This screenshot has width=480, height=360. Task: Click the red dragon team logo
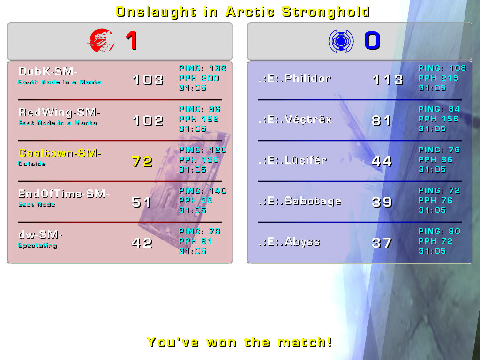click(x=101, y=41)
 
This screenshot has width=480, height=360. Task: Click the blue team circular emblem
click(x=341, y=41)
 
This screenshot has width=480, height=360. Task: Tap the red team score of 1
click(x=131, y=41)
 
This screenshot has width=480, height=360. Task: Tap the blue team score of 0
click(x=372, y=41)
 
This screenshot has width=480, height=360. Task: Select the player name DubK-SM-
click(x=48, y=71)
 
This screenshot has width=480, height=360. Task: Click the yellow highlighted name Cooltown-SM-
click(x=60, y=153)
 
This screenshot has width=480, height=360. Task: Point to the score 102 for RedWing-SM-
click(x=148, y=120)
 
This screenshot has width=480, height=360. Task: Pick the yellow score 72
click(x=142, y=161)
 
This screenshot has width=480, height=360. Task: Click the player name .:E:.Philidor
click(x=295, y=78)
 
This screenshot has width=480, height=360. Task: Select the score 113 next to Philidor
click(x=388, y=80)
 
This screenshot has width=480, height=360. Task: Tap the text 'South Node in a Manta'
click(x=60, y=82)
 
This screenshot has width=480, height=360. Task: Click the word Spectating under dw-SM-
click(x=37, y=245)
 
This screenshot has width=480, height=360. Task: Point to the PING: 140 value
click(x=202, y=190)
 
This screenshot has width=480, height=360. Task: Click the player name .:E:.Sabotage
click(x=300, y=201)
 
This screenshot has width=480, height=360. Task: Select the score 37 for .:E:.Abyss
click(x=382, y=243)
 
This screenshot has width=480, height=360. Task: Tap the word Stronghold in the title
click(x=326, y=12)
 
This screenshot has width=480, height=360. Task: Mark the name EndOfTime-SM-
click(x=64, y=194)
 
